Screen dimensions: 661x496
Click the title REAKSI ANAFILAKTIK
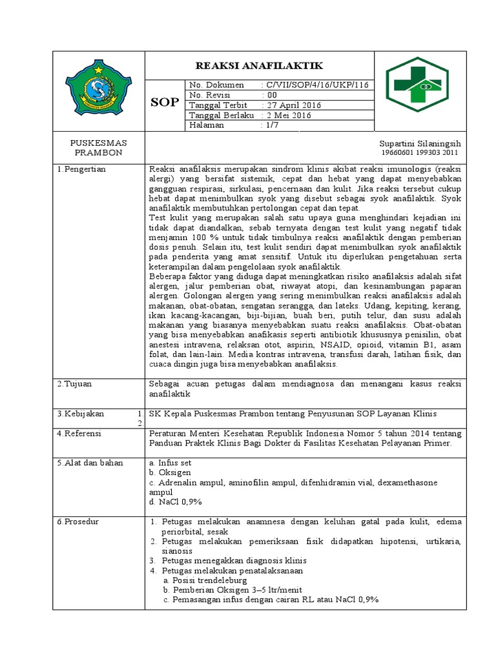click(259, 66)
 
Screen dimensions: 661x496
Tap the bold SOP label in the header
click(165, 103)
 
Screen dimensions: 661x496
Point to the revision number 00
click(270, 95)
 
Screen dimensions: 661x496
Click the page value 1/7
click(271, 125)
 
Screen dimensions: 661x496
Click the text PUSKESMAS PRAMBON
click(98, 147)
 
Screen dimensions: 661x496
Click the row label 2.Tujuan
click(75, 384)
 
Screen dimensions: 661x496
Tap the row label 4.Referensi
click(79, 434)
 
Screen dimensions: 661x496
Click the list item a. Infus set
click(170, 463)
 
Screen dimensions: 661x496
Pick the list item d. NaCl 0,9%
click(175, 502)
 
